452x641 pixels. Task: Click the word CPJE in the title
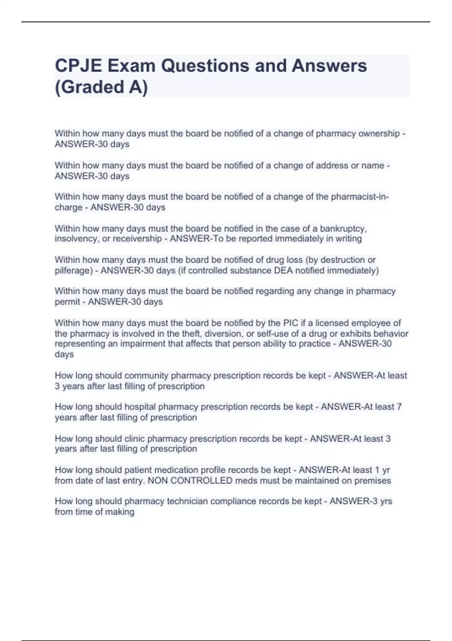pyautogui.click(x=78, y=66)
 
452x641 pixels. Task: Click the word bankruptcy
pyautogui.click(x=344, y=228)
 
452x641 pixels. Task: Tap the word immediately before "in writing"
pyautogui.click(x=295, y=239)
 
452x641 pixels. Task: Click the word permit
pyautogui.click(x=67, y=302)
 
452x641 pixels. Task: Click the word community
pyautogui.click(x=146, y=376)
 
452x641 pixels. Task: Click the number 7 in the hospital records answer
pyautogui.click(x=399, y=407)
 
